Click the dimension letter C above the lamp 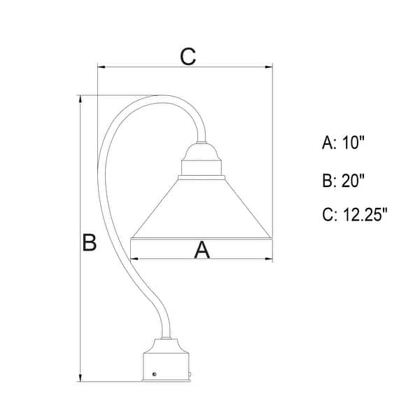(188, 57)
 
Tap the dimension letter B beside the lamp (89, 242)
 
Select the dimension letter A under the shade (202, 250)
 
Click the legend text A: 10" (343, 142)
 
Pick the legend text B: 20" (343, 181)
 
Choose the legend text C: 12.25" (355, 215)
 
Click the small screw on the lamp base (154, 374)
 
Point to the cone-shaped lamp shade (202, 209)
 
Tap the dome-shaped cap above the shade (202, 152)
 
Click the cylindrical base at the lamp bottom (166, 367)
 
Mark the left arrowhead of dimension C (101, 66)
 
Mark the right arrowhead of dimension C (269, 66)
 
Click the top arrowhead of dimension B (80, 99)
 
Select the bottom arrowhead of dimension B (80, 378)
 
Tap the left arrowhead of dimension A (134, 259)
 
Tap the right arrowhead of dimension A (269, 259)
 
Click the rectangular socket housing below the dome (202, 168)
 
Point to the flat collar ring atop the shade (202, 177)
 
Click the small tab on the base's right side (190, 375)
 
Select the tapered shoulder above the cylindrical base (166, 346)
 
